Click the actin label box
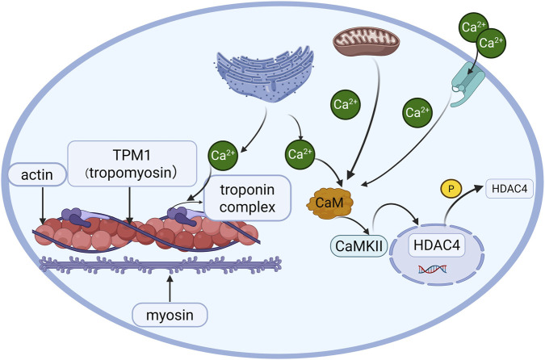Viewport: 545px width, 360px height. pyautogui.click(x=37, y=174)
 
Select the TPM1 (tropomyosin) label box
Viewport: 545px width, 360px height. pyautogui.click(x=132, y=163)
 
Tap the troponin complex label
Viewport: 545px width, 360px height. pyautogui.click(x=247, y=198)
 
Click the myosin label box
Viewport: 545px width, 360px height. pyautogui.click(x=170, y=315)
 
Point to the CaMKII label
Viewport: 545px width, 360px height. pyautogui.click(x=358, y=246)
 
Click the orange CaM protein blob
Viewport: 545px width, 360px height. pyautogui.click(x=329, y=203)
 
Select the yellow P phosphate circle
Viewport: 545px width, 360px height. pyautogui.click(x=451, y=189)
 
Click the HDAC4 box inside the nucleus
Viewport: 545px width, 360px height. pyautogui.click(x=437, y=245)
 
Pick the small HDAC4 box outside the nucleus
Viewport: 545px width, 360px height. pyautogui.click(x=509, y=189)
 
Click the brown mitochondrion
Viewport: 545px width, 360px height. pyautogui.click(x=367, y=42)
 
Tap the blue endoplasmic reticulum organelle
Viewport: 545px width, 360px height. pyautogui.click(x=265, y=73)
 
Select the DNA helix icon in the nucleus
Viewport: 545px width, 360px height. pyautogui.click(x=433, y=269)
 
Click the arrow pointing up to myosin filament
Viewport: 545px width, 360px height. pyautogui.click(x=170, y=288)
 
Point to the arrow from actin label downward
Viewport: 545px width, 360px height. pyautogui.click(x=43, y=205)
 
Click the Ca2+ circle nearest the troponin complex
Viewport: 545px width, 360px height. pyautogui.click(x=223, y=155)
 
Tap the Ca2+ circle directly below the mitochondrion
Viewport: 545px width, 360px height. pyautogui.click(x=345, y=104)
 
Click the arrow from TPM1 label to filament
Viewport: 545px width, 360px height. pyautogui.click(x=129, y=205)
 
